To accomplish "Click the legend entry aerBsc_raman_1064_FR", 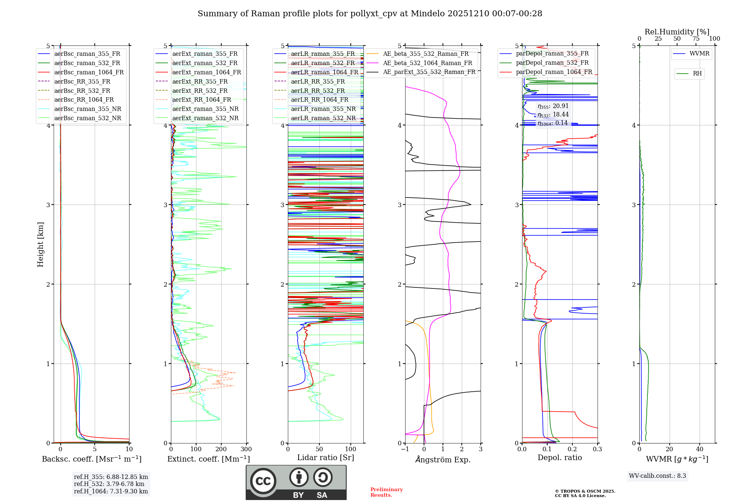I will coord(89,72).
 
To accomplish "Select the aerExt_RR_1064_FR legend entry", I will coord(202,99).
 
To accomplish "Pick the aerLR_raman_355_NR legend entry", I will coord(323,109).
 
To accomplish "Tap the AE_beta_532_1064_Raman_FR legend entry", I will coord(427,63).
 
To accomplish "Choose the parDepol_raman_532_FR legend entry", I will coord(552,63).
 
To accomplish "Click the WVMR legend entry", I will coord(699,54).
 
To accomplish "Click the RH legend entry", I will coord(697,74).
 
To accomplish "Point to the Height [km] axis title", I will coord(40,244).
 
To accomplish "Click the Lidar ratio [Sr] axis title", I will coord(325,458).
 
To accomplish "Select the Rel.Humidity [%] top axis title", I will coord(677,32).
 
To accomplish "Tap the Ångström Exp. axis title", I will coord(443,460).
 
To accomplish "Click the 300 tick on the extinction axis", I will coord(246,449).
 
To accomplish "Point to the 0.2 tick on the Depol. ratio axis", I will coord(572,449).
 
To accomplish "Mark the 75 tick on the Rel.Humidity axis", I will coord(696,39).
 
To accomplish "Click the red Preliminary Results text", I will coord(386,492).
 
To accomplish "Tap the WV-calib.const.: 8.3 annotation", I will coord(657,476).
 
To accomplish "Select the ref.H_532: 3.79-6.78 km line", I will coord(109,484).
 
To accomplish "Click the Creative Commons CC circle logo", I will coord(263,481).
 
